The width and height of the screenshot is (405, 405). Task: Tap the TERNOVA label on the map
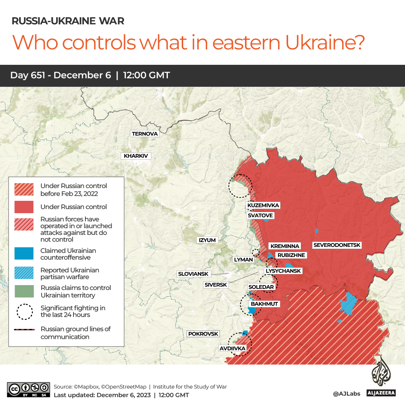[x=145, y=134]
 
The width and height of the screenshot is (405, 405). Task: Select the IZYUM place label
[x=207, y=240]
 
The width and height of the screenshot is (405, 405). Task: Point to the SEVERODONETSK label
[x=337, y=245]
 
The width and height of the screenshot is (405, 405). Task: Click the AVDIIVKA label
[x=232, y=348]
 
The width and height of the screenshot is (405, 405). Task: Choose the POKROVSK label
[x=203, y=334]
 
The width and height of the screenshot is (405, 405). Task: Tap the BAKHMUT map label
[x=265, y=304]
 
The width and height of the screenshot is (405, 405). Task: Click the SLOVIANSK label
[x=193, y=274]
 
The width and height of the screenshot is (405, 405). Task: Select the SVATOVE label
[x=260, y=215]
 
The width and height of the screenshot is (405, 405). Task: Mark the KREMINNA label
[x=285, y=246]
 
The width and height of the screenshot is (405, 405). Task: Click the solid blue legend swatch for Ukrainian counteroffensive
[x=24, y=254]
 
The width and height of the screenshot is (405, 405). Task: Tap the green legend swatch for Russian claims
[x=24, y=291]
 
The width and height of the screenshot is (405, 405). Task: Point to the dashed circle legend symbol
[x=25, y=312]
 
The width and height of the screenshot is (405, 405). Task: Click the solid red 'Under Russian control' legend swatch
[x=24, y=207]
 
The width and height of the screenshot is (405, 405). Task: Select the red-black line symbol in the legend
[x=25, y=330]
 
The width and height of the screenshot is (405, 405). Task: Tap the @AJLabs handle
[x=347, y=394]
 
